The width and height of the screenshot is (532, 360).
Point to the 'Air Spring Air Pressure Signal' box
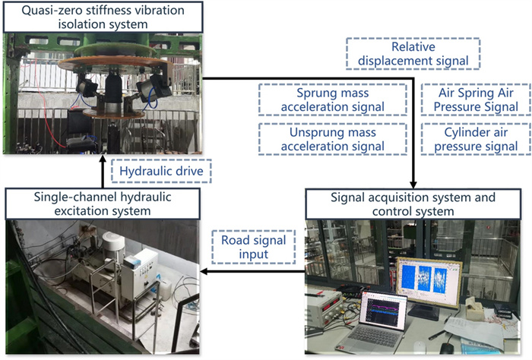[470, 100]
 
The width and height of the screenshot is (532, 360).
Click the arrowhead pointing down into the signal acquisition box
[413, 185]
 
